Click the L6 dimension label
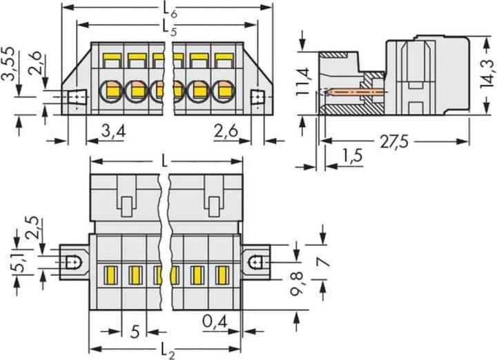(x=170, y=10)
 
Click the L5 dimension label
(x=170, y=28)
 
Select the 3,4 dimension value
(x=113, y=131)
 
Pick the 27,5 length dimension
(x=394, y=142)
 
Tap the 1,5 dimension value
(x=352, y=156)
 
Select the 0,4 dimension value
(x=215, y=322)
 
